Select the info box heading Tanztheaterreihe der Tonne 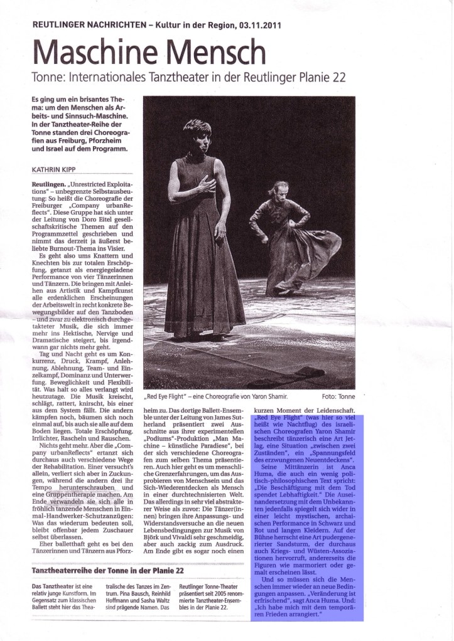tap(107, 569)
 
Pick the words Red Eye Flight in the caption tap(168, 397)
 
